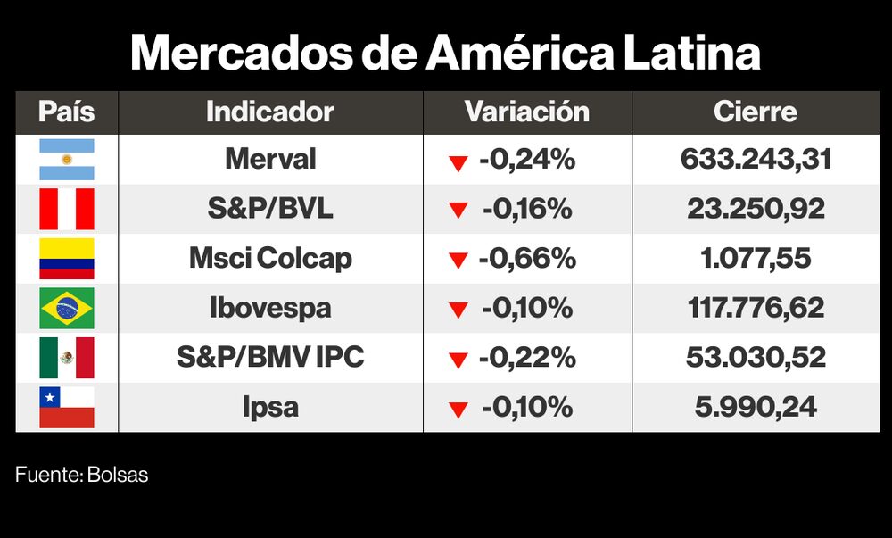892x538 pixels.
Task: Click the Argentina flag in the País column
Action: [67, 160]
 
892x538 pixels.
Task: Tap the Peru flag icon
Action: [67, 210]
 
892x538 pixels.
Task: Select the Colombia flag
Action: [67, 259]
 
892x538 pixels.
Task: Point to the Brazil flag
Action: [67, 309]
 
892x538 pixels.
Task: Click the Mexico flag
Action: [67, 358]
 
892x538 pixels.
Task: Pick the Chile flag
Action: [67, 407]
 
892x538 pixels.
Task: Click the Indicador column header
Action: [269, 112]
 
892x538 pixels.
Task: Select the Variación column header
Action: [526, 112]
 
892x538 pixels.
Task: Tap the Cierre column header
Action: [755, 112]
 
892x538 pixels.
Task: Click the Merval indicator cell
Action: [270, 160]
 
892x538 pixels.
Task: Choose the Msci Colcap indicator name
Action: [270, 259]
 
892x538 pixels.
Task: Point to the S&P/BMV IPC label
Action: [270, 358]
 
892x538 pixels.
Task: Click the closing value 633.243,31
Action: [756, 160]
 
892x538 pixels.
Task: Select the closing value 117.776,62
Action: [756, 309]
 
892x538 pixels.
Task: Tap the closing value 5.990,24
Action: [756, 407]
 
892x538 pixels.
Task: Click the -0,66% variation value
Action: [526, 259]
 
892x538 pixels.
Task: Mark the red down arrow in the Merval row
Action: [458, 162]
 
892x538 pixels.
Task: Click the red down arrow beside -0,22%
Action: [458, 360]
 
